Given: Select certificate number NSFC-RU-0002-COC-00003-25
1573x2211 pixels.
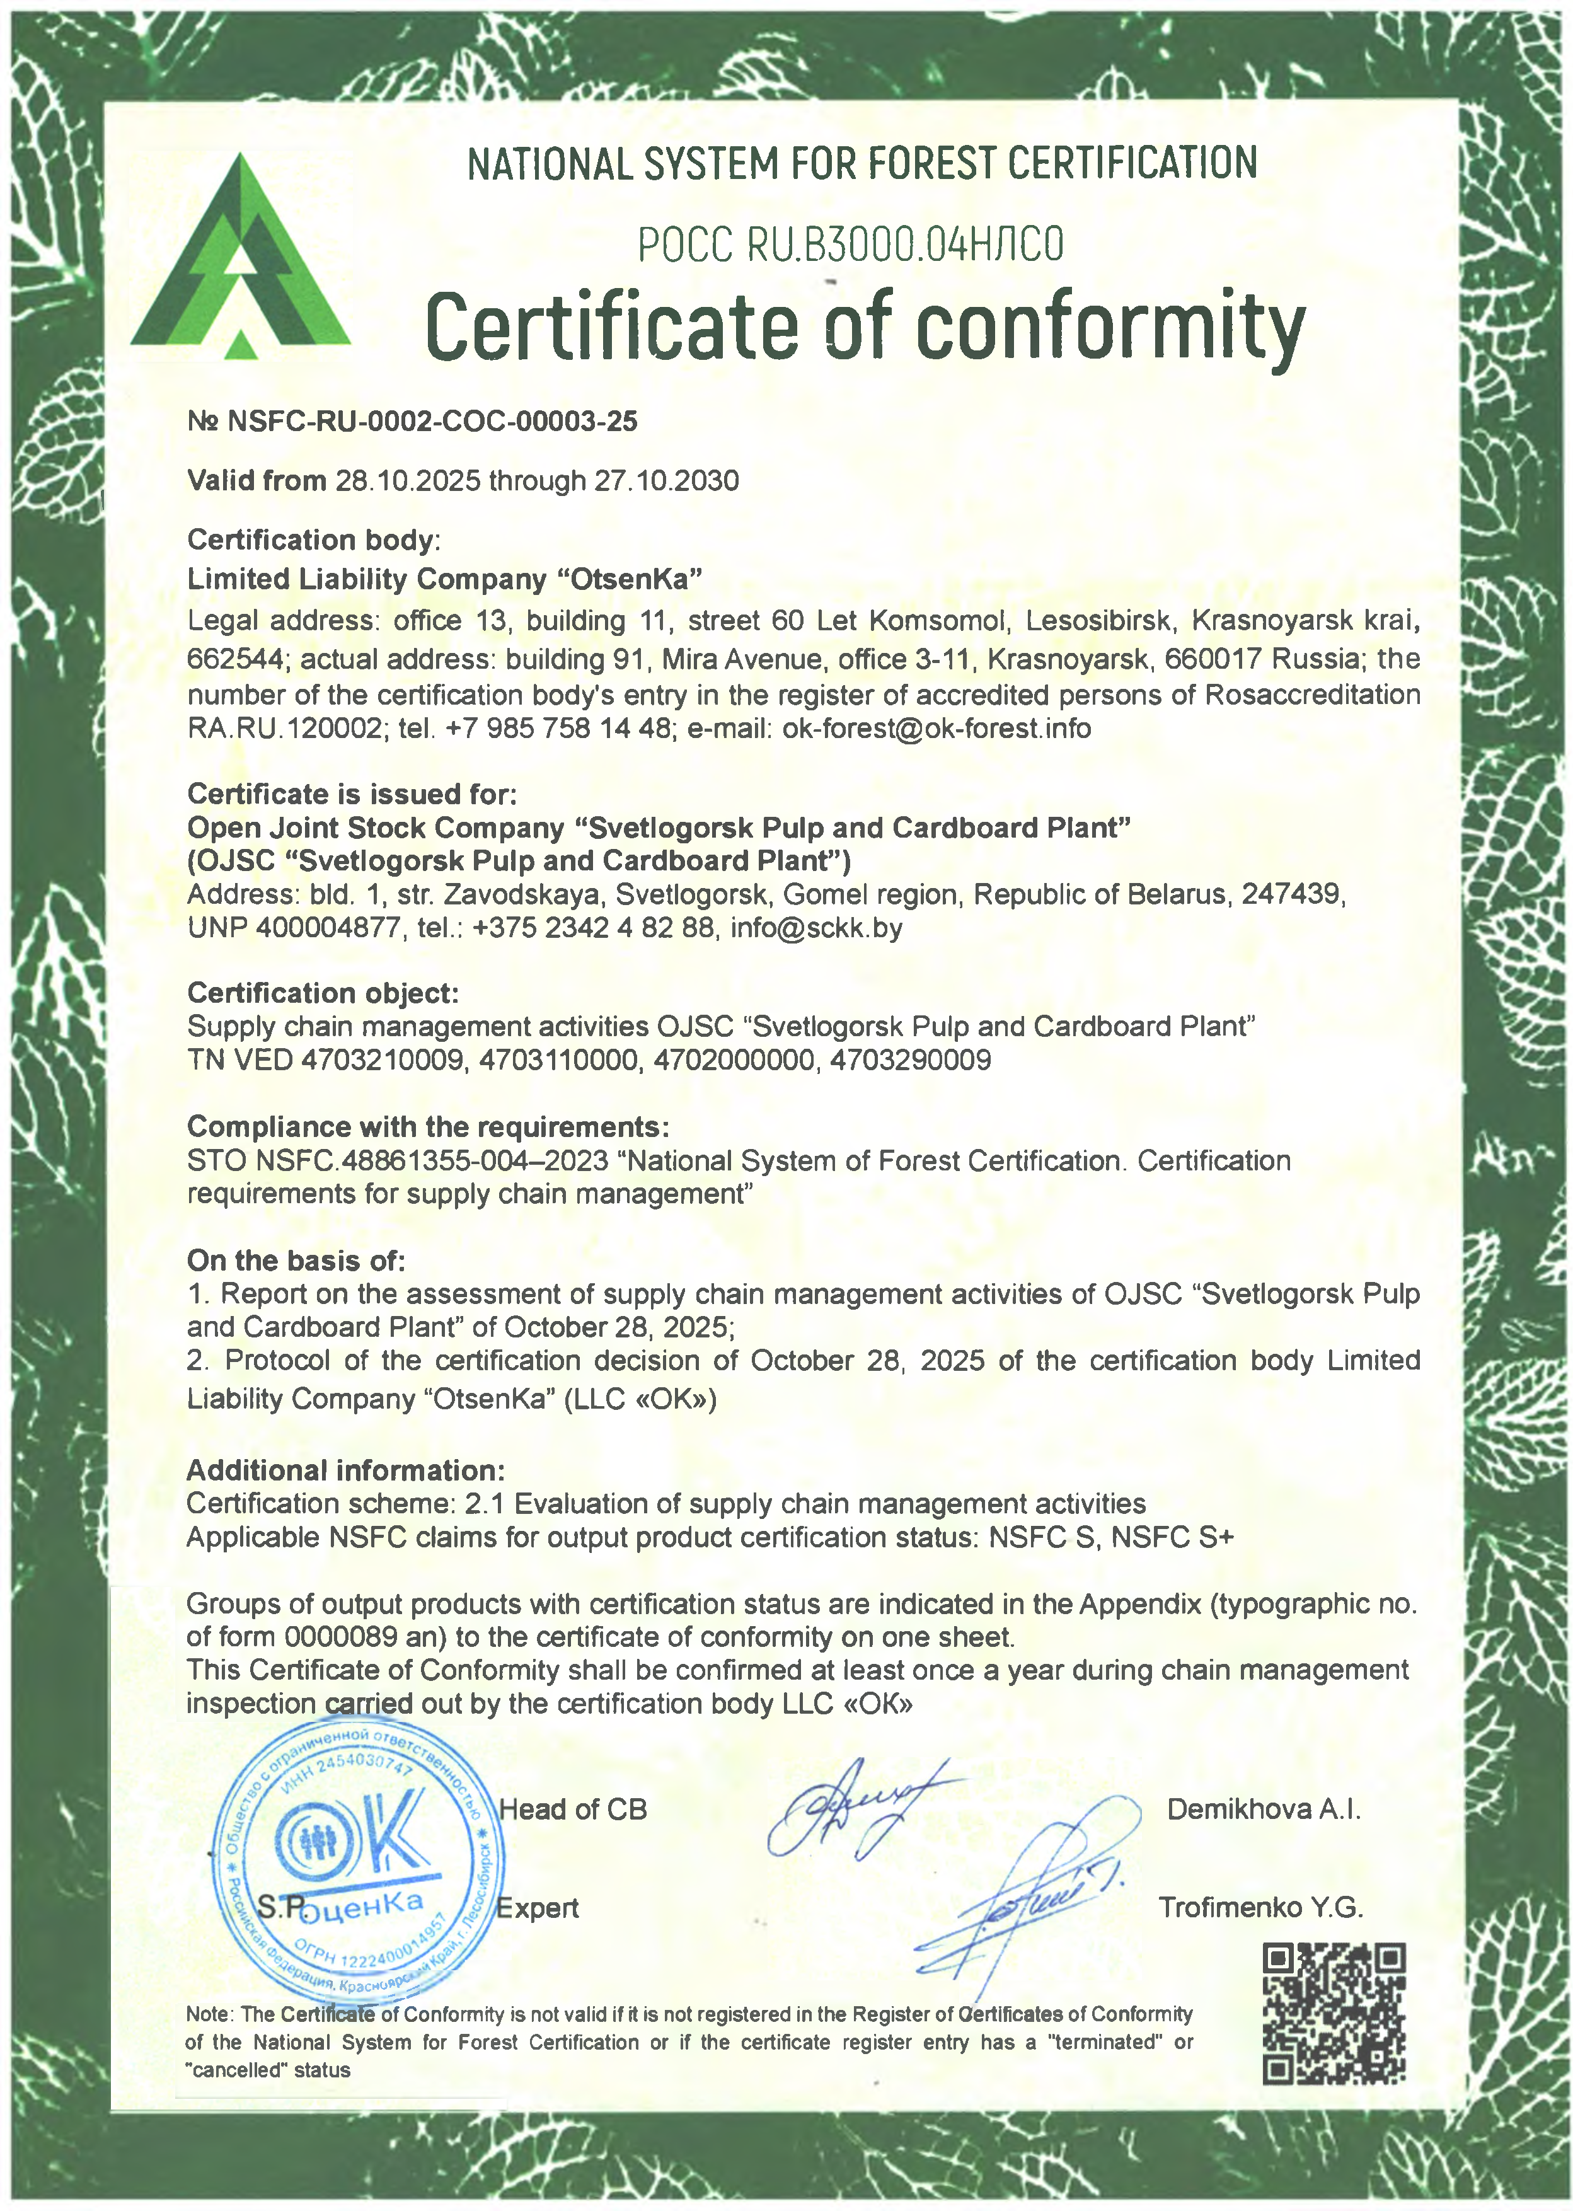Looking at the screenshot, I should tap(431, 421).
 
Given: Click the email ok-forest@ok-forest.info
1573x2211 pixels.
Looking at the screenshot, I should tap(936, 729).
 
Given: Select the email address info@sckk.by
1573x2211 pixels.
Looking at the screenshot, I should tap(817, 928).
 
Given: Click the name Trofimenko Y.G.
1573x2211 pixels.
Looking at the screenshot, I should tap(1260, 1907).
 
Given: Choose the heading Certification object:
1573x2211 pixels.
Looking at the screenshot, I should tap(323, 993).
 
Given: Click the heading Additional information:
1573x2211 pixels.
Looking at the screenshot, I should tap(346, 1470).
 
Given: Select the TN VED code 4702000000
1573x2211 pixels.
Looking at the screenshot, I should tap(733, 1059).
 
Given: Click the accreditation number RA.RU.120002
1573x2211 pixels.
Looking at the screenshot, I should tap(285, 729).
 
